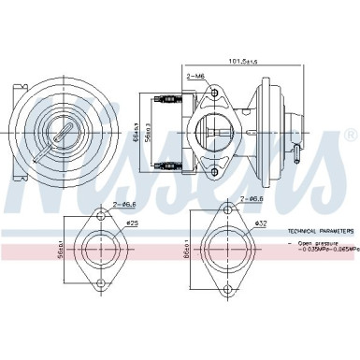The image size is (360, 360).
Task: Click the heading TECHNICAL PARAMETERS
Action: click(x=321, y=229)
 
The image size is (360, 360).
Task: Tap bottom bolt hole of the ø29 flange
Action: click(x=96, y=278)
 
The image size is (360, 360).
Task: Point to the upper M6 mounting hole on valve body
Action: click(x=215, y=94)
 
